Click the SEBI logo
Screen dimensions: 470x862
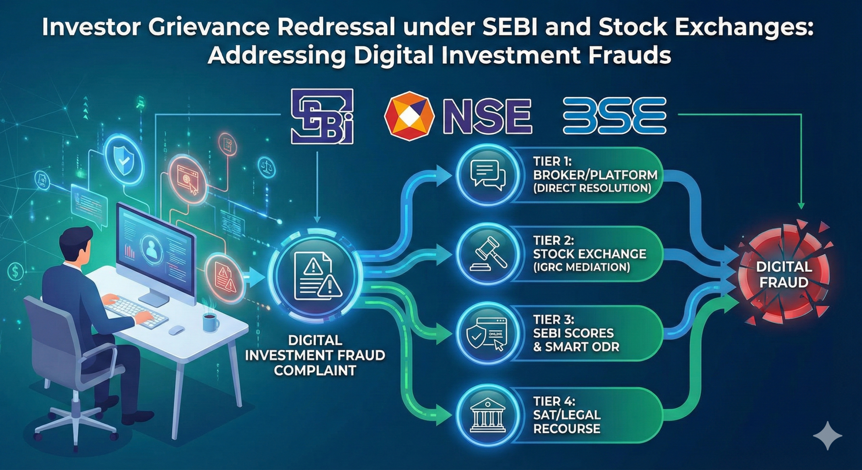click(x=321, y=116)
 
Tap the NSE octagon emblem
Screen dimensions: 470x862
click(x=409, y=116)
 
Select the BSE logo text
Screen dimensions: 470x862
click(x=614, y=116)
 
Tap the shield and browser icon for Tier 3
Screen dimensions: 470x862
click(x=488, y=333)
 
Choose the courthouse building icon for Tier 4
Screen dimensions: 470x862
click(x=488, y=415)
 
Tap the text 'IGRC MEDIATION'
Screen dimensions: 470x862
click(x=582, y=267)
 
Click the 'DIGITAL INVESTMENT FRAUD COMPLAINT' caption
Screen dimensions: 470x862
click(x=315, y=356)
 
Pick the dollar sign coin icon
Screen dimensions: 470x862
click(x=15, y=271)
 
